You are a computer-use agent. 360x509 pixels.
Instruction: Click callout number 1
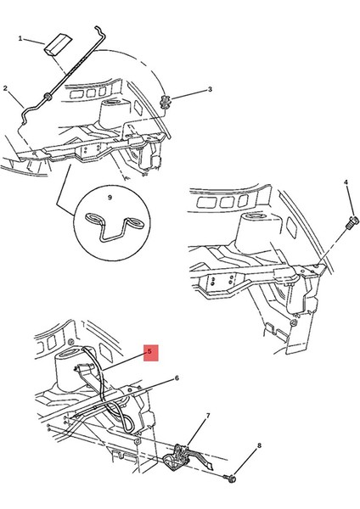point(20,39)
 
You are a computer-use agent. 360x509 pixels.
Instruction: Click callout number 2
point(5,88)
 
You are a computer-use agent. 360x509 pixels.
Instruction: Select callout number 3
point(210,89)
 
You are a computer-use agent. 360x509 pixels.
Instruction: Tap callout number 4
point(346,182)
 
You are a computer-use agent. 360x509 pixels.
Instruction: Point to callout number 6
point(177,378)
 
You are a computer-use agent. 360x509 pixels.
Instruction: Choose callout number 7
point(208,415)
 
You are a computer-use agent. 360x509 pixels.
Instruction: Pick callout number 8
point(259,445)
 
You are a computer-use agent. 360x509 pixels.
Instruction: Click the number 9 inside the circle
point(110,198)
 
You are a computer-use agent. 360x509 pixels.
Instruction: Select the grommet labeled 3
point(166,102)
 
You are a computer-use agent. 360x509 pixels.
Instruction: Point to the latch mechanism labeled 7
point(187,458)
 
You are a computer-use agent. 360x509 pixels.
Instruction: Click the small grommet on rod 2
point(48,97)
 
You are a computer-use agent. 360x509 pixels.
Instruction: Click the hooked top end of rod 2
point(99,31)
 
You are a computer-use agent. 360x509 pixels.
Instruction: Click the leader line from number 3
point(189,94)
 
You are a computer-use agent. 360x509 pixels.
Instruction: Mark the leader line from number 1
point(34,42)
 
